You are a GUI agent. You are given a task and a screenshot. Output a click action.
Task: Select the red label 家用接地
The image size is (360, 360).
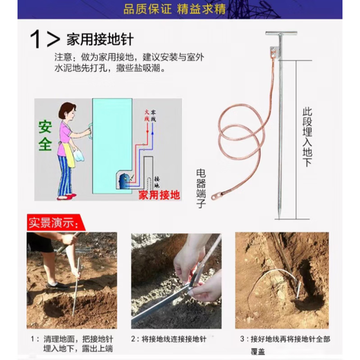159,196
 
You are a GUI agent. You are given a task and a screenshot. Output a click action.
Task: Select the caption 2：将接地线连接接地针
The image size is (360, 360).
177,339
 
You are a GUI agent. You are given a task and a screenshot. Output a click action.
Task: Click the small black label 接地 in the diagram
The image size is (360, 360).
159,177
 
